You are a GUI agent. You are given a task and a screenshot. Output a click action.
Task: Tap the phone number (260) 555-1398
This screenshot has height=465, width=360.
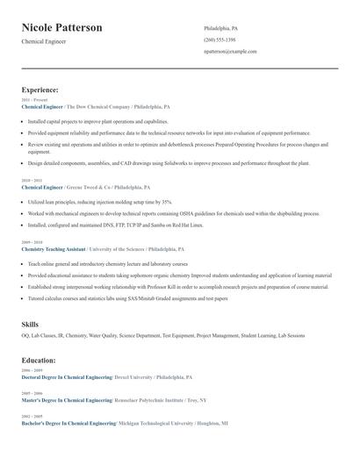[220, 40]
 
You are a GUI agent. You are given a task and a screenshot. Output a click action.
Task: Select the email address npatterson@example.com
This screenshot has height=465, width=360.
[230, 52]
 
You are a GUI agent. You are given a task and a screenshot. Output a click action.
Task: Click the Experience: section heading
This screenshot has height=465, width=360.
[40, 89]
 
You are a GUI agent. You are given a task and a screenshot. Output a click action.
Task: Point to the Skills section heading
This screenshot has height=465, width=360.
[30, 325]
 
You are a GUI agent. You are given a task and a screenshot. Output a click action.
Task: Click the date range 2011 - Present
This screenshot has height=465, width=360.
[31, 101]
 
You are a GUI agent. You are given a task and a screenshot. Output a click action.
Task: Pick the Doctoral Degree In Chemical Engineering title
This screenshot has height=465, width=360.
[67, 376]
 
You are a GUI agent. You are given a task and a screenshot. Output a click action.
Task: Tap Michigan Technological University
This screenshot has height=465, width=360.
[158, 423]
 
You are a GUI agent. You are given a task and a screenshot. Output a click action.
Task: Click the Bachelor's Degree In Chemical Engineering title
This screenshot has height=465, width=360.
[68, 423]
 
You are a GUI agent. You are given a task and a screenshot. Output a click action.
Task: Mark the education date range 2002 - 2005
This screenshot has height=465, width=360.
[31, 417]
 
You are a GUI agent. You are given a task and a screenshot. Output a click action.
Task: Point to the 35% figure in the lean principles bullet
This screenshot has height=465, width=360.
[167, 202]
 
